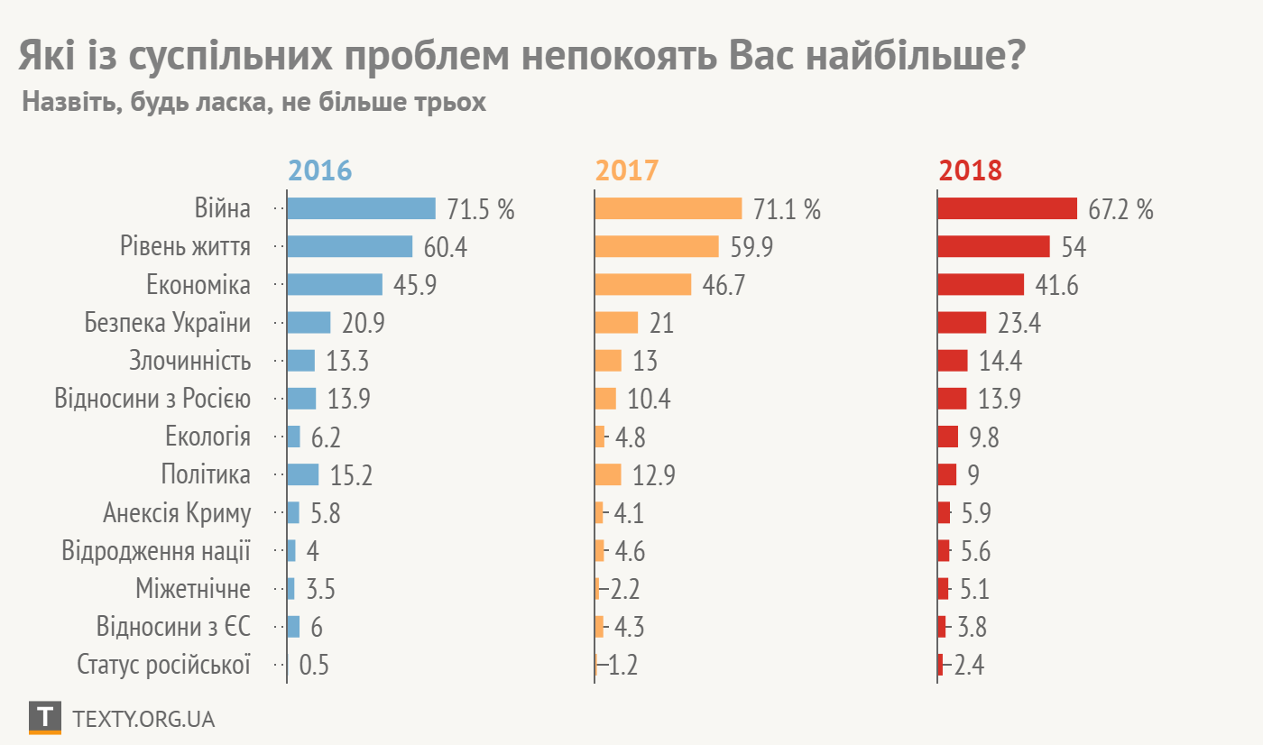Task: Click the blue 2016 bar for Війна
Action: pos(361,209)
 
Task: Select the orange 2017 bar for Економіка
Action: pos(643,285)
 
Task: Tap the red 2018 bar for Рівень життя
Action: pos(993,247)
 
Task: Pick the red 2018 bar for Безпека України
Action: pos(962,323)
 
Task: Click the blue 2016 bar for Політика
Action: pos(303,474)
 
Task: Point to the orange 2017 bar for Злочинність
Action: pos(608,361)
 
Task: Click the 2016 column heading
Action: pos(319,170)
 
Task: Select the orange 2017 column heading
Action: pos(626,170)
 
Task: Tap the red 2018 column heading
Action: pos(971,170)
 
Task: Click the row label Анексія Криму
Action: pos(177,513)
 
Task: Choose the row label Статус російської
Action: pos(163,665)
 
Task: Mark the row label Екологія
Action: pos(207,437)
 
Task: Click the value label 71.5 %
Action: pos(481,210)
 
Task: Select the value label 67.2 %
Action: pos(1120,210)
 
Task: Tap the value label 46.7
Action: pos(724,286)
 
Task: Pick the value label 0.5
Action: pos(314,666)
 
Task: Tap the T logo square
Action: pos(45,717)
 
